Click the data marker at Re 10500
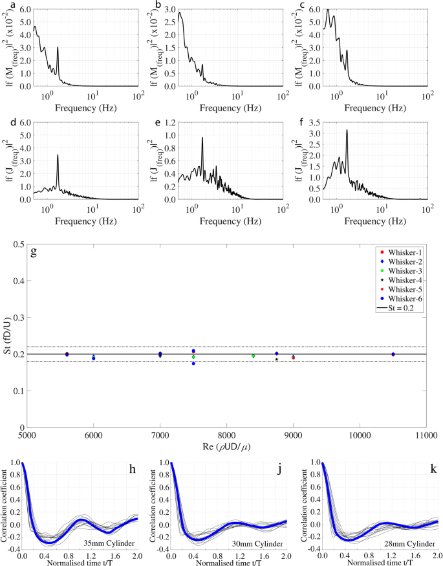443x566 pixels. (x=393, y=354)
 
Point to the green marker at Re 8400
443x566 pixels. (x=253, y=356)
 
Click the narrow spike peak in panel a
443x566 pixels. (x=58, y=47)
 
